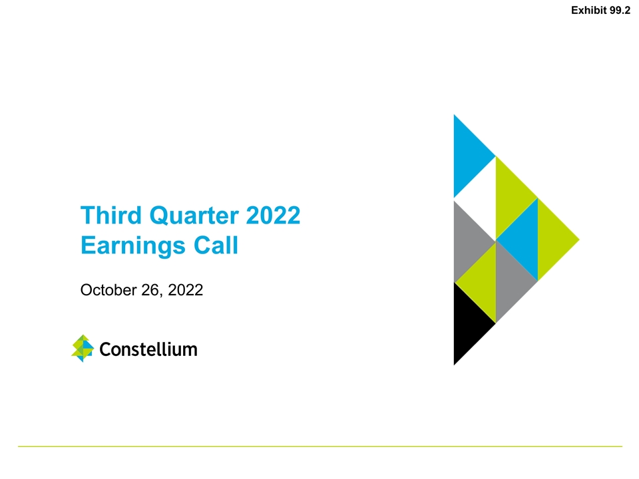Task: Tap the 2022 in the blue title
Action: click(x=274, y=216)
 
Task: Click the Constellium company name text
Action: click(x=148, y=349)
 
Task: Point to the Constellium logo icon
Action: click(x=82, y=348)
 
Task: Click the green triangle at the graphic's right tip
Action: click(x=552, y=239)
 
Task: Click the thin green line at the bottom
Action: click(x=319, y=446)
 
